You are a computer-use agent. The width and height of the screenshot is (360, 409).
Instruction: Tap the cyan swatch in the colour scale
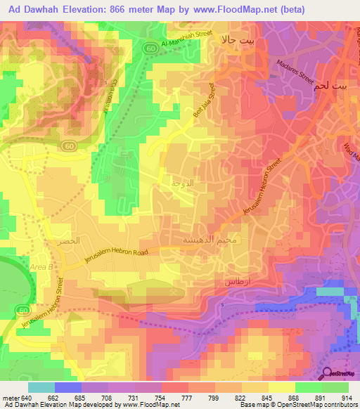click(x=41, y=387)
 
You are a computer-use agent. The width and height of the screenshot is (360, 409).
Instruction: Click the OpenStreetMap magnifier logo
click(x=328, y=373)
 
